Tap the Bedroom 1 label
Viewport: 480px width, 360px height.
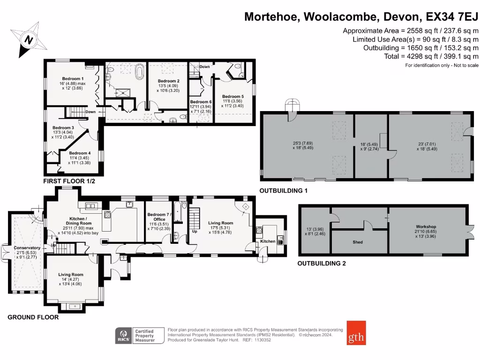[73, 78]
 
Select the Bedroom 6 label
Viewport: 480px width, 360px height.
[201, 102]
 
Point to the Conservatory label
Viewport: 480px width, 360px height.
[27, 247]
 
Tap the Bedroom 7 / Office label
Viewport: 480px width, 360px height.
[160, 217]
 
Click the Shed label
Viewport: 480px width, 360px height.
[358, 242]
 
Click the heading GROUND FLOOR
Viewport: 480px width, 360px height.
[33, 317]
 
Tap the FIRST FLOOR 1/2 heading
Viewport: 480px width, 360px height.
[69, 181]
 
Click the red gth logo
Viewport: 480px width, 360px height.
[356, 332]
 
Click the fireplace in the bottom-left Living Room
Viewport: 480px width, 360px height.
[73, 307]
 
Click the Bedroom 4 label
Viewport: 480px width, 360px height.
[80, 153]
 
